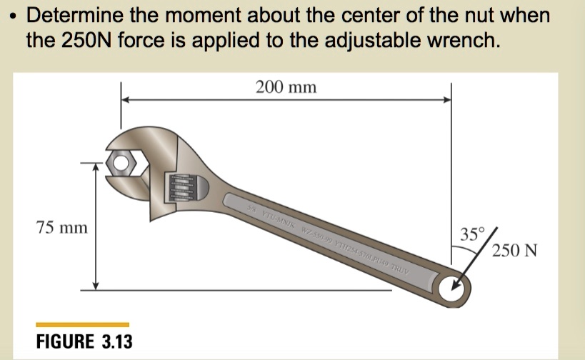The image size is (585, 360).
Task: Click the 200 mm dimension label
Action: coord(286,88)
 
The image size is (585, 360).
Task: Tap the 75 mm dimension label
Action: coord(62,228)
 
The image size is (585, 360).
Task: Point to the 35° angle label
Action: coord(472,234)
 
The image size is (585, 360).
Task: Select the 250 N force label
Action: coord(514,251)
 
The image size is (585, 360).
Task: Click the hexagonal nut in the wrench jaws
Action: coord(121,164)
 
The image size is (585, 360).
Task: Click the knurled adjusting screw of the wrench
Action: coord(181,189)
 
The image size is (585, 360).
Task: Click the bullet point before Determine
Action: coord(10,15)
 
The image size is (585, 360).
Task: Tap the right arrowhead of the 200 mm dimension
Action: coord(448,101)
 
